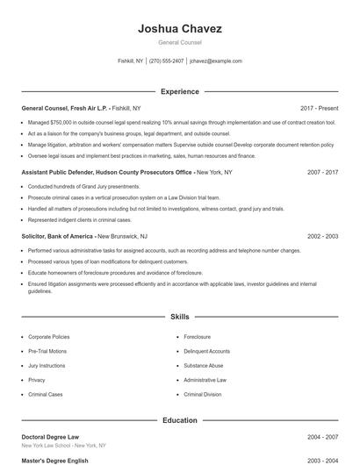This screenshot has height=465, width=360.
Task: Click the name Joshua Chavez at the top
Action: [x=179, y=29]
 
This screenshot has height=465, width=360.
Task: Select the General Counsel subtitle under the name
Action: [x=179, y=43]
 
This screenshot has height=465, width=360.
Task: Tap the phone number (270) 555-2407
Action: [x=167, y=61]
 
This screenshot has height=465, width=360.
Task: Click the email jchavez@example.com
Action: [x=215, y=61]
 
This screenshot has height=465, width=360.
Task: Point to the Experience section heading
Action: [x=179, y=91]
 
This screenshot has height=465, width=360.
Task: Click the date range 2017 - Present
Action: [x=319, y=107]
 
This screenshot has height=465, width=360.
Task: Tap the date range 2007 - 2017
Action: [x=322, y=173]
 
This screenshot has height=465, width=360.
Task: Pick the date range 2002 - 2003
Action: [x=322, y=236]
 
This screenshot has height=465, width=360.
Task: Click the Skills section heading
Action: [x=179, y=316]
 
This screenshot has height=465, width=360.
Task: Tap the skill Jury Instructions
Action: [x=47, y=366]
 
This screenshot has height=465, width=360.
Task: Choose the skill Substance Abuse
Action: [x=204, y=366]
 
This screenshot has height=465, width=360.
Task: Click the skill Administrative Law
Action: [x=205, y=380]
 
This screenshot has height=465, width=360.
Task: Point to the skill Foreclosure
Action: [x=198, y=337]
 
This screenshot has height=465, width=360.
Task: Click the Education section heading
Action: [x=179, y=420]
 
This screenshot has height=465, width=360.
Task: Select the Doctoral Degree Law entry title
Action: [x=49, y=436]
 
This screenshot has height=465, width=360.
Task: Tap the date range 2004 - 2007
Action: [x=322, y=436]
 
